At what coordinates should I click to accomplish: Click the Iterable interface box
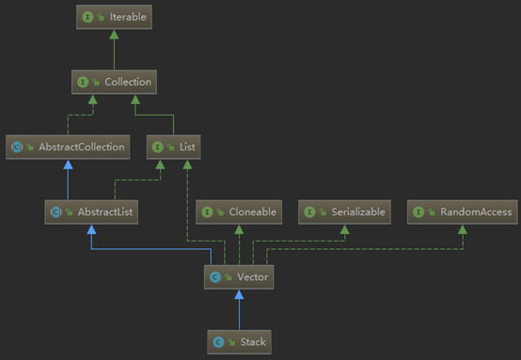(x=113, y=17)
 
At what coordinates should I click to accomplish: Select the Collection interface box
(x=113, y=83)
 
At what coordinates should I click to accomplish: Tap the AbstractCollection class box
(x=67, y=148)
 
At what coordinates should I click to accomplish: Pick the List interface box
(x=173, y=148)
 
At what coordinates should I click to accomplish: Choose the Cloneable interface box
(x=238, y=212)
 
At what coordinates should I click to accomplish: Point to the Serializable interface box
(x=344, y=212)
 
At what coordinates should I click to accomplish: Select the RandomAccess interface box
(x=462, y=212)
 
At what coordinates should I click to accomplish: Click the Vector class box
(x=238, y=277)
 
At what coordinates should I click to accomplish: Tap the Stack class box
(x=238, y=342)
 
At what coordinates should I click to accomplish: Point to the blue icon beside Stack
(x=218, y=342)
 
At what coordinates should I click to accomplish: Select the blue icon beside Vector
(x=215, y=277)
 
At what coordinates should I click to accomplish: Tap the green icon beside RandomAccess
(x=418, y=212)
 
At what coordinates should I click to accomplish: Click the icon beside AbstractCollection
(x=16, y=148)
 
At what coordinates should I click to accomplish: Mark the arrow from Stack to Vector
(x=238, y=310)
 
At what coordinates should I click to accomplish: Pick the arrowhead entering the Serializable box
(x=344, y=230)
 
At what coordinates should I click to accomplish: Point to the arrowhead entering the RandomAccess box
(x=462, y=230)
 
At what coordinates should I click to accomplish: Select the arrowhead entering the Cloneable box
(x=238, y=230)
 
